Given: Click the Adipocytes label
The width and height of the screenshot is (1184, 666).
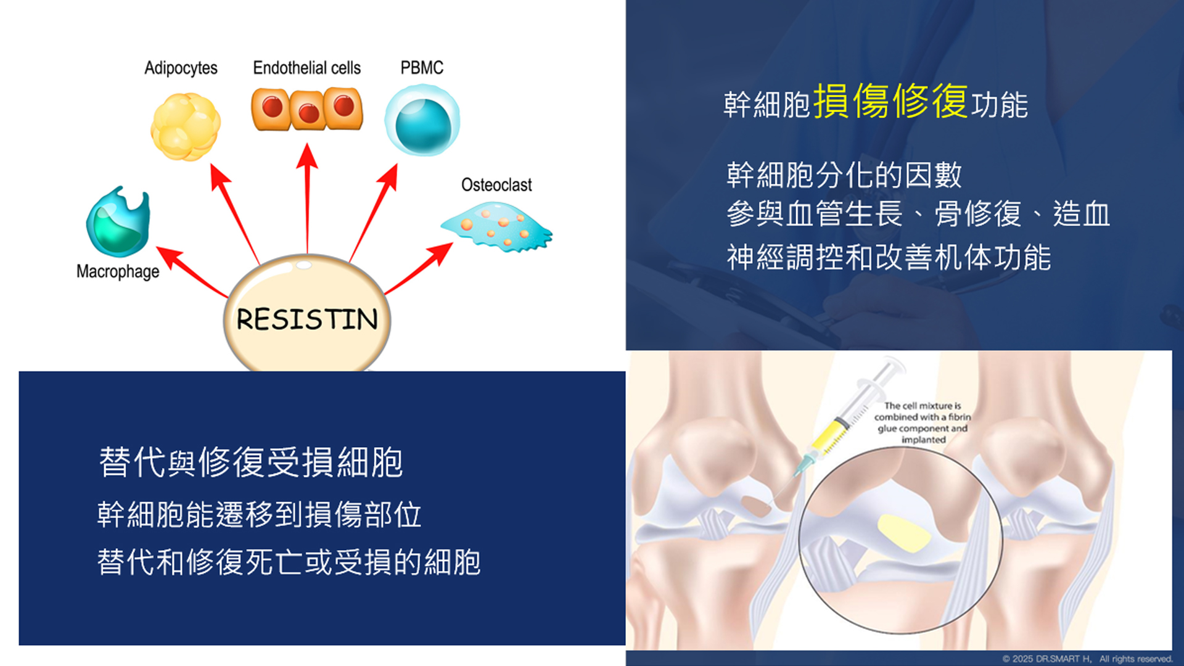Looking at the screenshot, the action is (x=181, y=68).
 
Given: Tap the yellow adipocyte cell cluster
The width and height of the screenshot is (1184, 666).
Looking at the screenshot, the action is (x=185, y=126).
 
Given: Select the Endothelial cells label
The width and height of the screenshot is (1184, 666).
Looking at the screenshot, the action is (x=306, y=67).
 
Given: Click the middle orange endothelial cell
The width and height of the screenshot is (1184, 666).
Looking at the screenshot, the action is (x=308, y=110).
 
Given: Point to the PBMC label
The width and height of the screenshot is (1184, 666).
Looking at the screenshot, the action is (x=422, y=67).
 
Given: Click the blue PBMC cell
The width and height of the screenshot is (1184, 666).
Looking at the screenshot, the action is (x=422, y=120).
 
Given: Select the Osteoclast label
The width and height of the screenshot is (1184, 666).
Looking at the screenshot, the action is (x=496, y=184).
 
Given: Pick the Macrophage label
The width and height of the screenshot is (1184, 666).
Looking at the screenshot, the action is (x=118, y=271).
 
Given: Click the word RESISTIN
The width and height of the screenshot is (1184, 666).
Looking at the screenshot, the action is (x=307, y=319).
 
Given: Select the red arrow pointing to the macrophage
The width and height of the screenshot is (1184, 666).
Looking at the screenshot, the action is (x=192, y=272).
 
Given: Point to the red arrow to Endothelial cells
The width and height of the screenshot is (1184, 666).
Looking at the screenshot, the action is (x=307, y=198).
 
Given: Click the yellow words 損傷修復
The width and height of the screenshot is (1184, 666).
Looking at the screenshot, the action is (x=890, y=101).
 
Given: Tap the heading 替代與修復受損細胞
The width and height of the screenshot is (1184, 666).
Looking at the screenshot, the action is (x=251, y=462).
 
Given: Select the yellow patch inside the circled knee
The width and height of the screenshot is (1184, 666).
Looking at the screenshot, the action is (x=903, y=534).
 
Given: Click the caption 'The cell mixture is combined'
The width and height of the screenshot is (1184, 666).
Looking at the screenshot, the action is (x=923, y=411).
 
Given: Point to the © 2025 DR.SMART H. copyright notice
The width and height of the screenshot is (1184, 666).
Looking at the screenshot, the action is (x=1087, y=659).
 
